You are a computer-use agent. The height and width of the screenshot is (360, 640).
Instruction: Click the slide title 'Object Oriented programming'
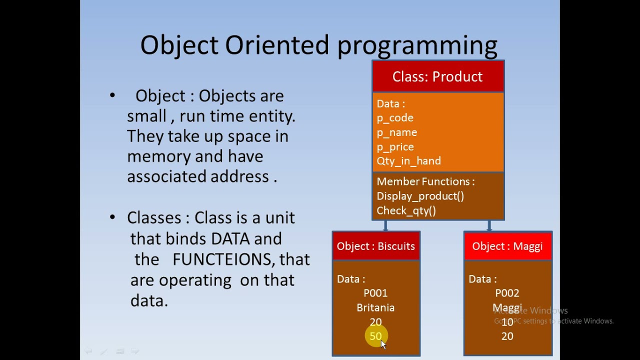click(x=318, y=45)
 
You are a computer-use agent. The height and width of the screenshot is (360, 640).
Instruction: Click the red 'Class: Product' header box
click(x=437, y=76)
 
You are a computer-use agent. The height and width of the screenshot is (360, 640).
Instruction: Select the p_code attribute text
click(x=395, y=118)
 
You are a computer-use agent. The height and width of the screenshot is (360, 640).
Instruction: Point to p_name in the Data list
click(x=397, y=132)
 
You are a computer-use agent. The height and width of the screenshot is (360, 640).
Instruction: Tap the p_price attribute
click(x=395, y=147)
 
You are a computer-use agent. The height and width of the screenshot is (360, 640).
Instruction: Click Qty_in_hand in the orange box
click(x=408, y=161)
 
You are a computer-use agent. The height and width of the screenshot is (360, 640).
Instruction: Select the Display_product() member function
click(x=420, y=196)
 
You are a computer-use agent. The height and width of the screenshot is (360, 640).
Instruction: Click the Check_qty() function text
click(x=406, y=210)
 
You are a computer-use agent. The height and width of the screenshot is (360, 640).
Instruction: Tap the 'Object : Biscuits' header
click(x=376, y=246)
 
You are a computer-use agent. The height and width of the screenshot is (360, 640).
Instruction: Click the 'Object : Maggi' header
click(x=507, y=246)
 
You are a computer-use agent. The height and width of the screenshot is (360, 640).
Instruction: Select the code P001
click(x=375, y=293)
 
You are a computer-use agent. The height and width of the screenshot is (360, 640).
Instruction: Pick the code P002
click(x=507, y=293)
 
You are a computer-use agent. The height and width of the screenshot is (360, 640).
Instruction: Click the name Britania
click(x=375, y=307)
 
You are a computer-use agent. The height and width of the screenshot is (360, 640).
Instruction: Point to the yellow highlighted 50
click(x=375, y=336)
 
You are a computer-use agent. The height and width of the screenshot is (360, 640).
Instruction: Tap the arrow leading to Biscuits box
click(x=385, y=226)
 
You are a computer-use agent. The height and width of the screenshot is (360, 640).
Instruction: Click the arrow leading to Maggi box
click(x=489, y=226)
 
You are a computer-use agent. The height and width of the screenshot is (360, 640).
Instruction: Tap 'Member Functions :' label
click(x=425, y=181)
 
